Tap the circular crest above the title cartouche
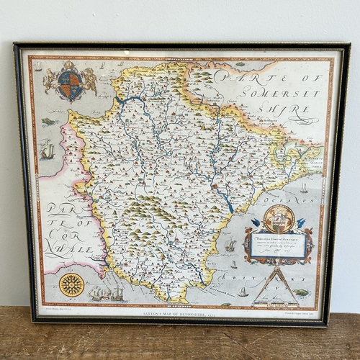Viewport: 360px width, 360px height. [279, 217]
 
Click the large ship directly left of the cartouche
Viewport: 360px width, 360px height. [230, 246]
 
